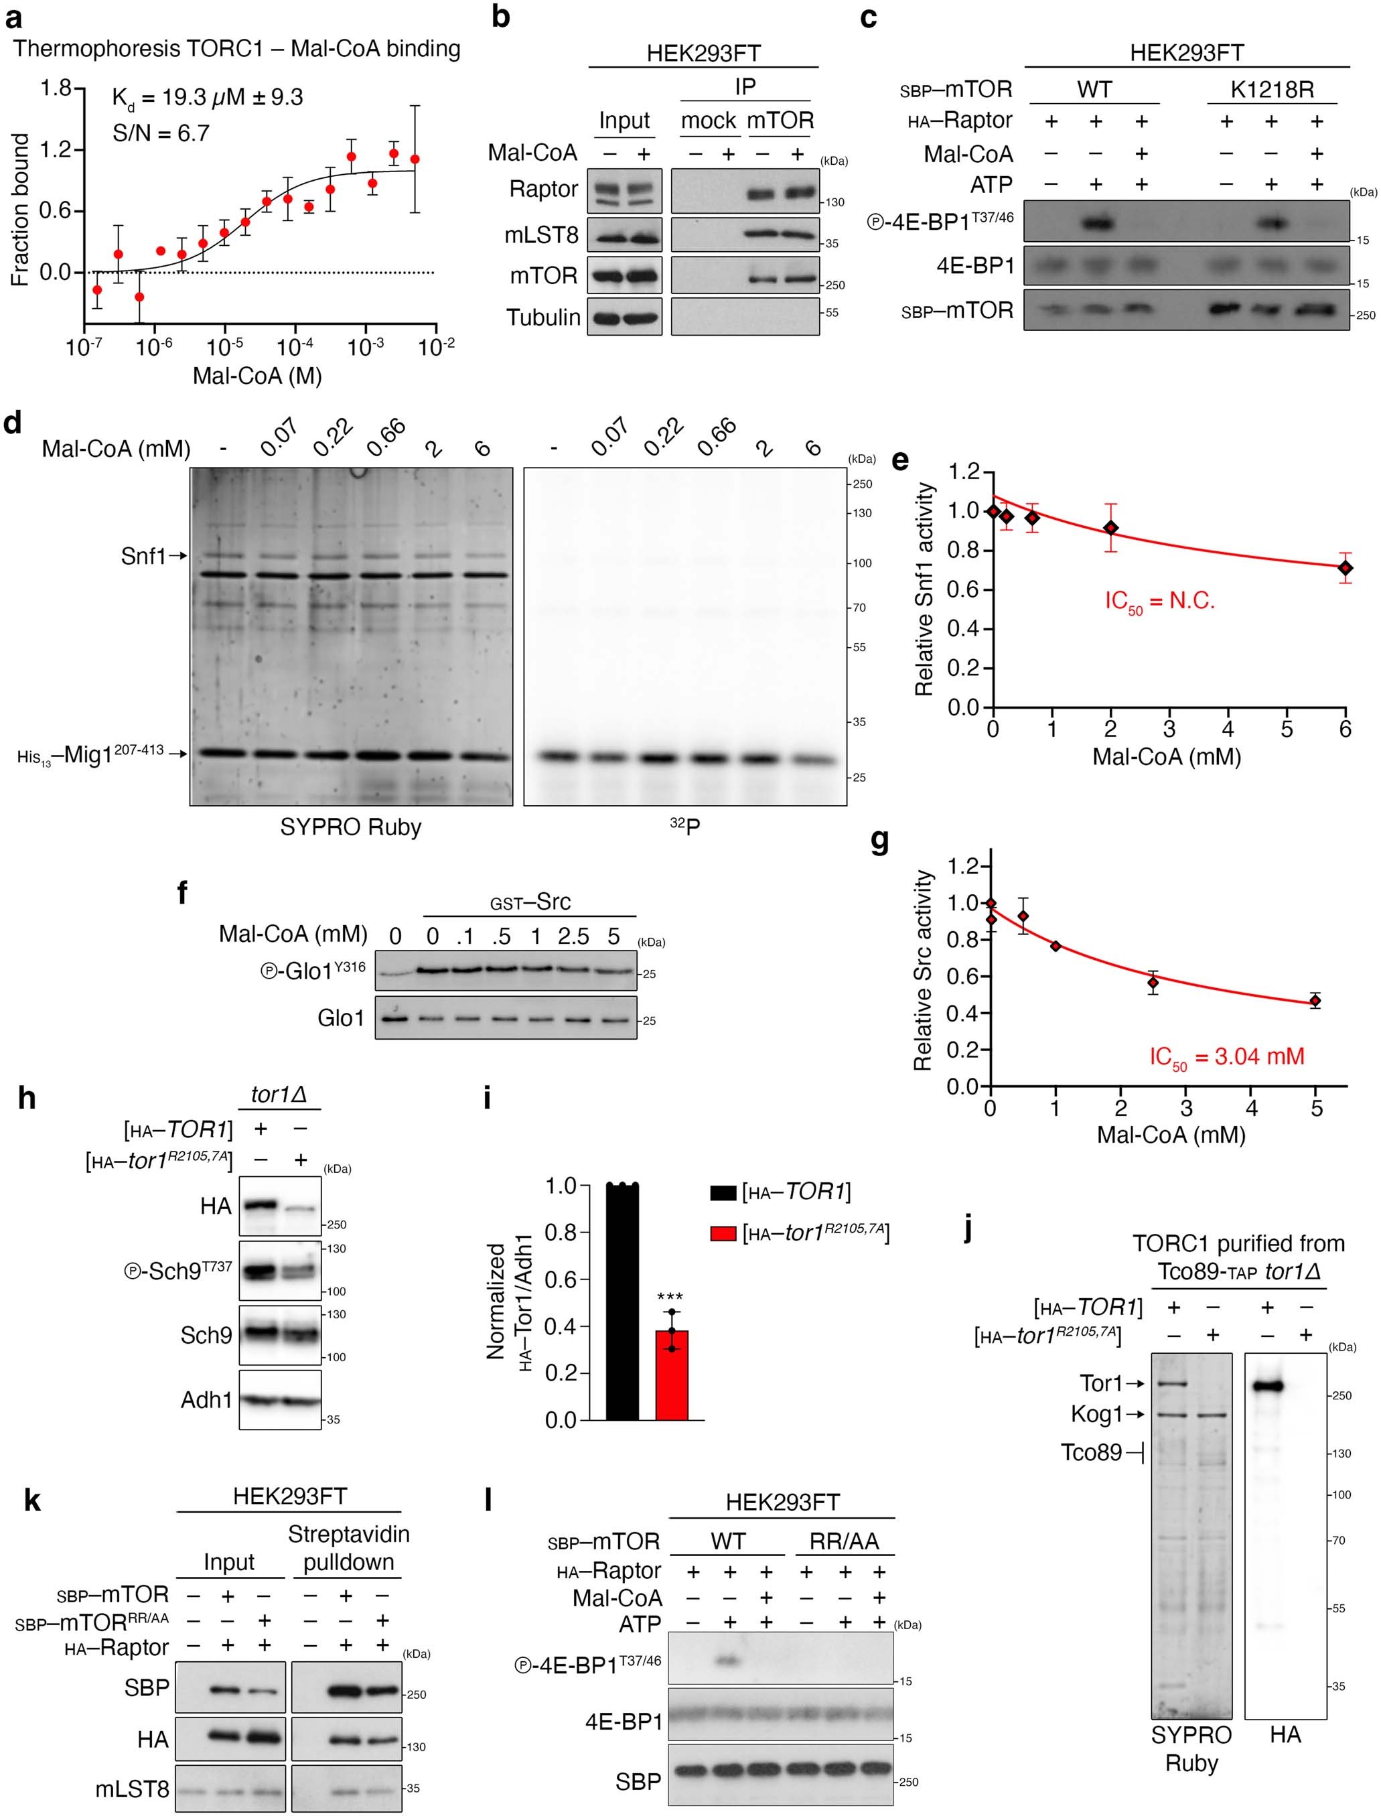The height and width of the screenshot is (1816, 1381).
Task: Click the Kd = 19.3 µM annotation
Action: coord(207,98)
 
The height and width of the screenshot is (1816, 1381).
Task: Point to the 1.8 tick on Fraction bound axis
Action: coord(57,88)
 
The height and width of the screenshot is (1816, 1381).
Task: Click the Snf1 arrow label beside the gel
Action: coord(145,557)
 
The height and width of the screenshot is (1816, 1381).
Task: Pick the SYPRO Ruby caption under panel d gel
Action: coord(350,826)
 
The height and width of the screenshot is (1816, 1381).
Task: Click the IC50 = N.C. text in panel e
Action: coord(1159,602)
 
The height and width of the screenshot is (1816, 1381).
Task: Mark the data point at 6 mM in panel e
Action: coord(1345,567)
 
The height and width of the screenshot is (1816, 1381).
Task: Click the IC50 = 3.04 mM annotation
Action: coord(1226,1057)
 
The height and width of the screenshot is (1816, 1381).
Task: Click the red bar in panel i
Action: coord(672,1375)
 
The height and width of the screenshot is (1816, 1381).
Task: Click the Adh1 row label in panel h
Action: coord(206,1399)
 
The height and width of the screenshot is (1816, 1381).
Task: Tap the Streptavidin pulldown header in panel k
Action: coord(348,1548)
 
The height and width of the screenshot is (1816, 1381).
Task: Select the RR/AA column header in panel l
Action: coord(845,1541)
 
